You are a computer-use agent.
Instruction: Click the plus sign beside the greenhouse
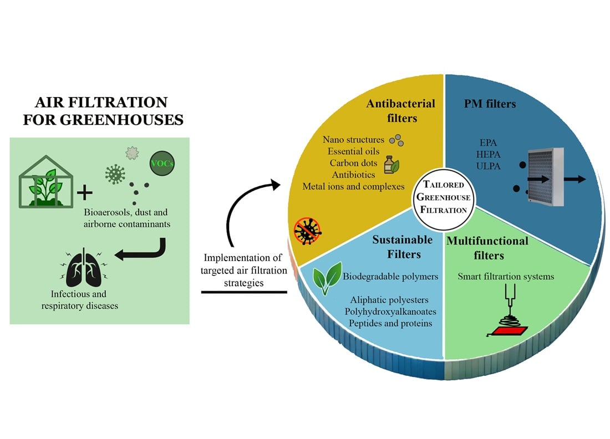click(x=85, y=193)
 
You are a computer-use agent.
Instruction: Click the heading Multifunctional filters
click(x=487, y=248)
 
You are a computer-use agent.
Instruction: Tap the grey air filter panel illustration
click(x=546, y=177)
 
